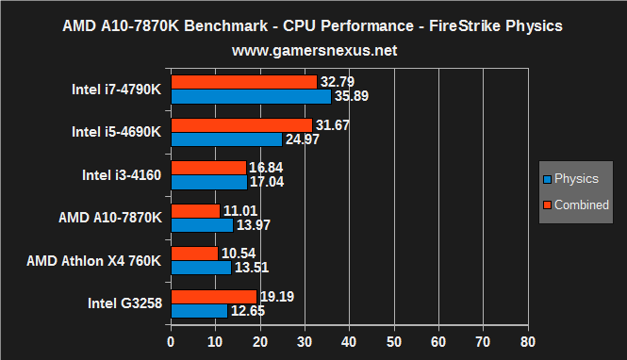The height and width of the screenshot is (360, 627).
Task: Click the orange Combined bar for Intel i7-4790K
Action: tap(243, 82)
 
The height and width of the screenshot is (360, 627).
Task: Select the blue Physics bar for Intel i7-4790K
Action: tap(250, 96)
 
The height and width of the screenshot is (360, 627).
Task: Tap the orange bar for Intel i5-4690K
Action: tap(240, 125)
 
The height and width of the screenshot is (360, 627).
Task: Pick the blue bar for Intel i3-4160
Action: tap(208, 183)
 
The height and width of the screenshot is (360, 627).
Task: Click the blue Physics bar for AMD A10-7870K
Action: tap(201, 225)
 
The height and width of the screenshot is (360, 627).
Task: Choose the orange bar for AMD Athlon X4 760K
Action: tap(193, 254)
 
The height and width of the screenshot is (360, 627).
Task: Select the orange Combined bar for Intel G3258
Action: tap(213, 297)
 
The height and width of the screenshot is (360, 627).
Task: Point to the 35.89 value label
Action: tap(352, 96)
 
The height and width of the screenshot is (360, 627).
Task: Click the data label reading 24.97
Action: tap(303, 139)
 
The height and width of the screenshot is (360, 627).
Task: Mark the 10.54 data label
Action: tap(239, 254)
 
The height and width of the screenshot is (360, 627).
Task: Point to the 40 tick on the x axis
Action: tap(349, 341)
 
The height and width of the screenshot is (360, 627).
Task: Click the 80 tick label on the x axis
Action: tap(527, 341)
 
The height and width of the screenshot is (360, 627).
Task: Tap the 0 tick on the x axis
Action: tap(171, 341)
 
